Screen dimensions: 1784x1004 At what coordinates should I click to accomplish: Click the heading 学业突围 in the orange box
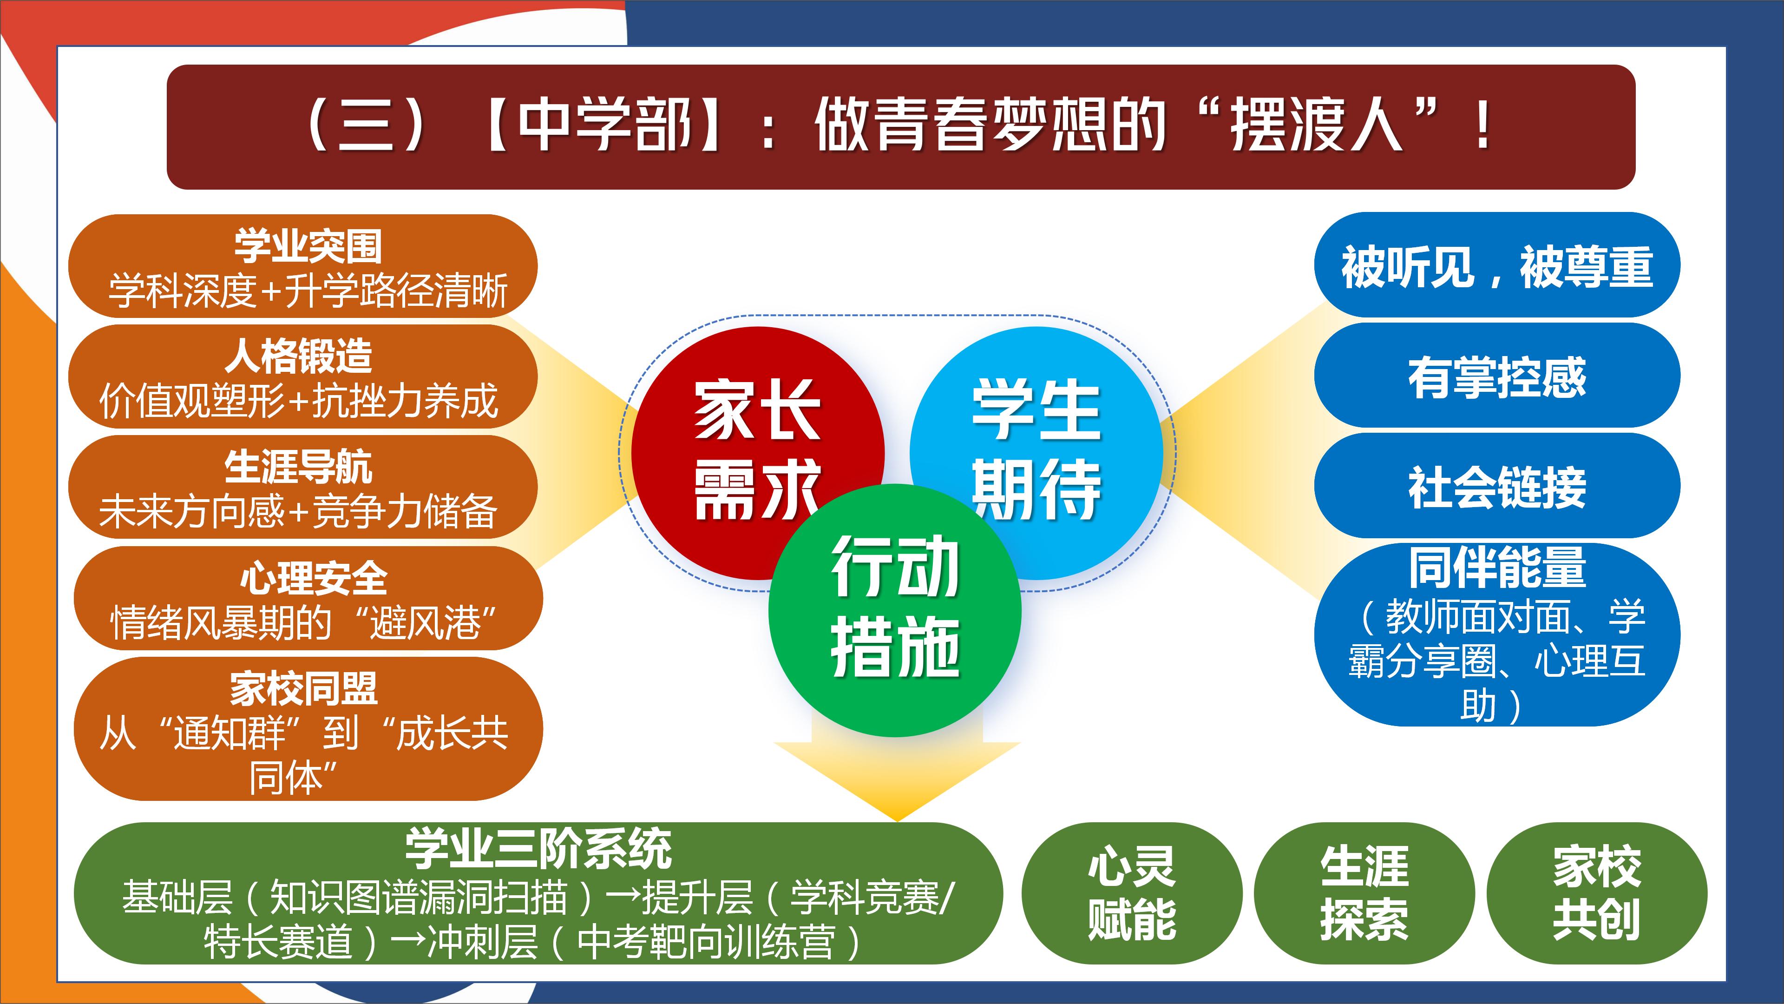tap(308, 245)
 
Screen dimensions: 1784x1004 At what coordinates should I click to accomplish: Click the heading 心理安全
tap(314, 577)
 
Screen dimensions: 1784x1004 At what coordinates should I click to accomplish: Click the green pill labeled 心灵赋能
tap(1132, 894)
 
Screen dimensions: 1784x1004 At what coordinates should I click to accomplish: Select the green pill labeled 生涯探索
tap(1364, 894)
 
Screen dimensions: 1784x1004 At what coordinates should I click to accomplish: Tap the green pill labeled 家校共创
tap(1597, 894)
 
